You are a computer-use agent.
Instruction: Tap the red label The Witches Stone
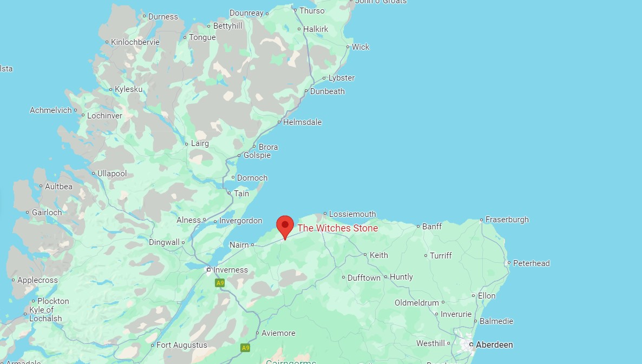tap(337, 228)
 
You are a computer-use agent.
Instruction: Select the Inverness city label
tap(231, 270)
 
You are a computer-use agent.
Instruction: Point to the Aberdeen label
tap(494, 345)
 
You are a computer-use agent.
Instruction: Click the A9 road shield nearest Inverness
tap(220, 283)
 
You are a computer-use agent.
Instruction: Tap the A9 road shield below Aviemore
tap(246, 348)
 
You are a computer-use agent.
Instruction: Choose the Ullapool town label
tap(112, 174)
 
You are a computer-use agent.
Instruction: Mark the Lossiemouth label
tap(352, 214)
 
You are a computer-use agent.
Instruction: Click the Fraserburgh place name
tap(507, 220)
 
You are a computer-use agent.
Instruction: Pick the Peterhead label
tap(531, 263)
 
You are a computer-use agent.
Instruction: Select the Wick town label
tap(361, 47)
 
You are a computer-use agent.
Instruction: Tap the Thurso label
tap(312, 11)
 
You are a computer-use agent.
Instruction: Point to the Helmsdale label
tap(302, 122)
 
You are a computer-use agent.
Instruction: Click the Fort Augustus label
tap(182, 345)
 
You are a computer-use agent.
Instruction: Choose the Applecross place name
tap(37, 280)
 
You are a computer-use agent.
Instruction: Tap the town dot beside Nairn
tap(253, 245)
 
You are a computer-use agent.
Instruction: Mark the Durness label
tap(163, 17)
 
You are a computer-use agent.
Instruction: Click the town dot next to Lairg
tap(187, 144)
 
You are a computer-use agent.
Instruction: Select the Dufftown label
tap(364, 277)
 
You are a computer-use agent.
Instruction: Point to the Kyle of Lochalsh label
tap(45, 314)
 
